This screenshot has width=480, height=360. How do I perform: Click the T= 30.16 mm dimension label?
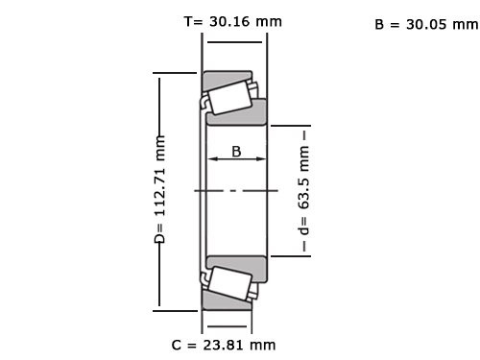click(234, 20)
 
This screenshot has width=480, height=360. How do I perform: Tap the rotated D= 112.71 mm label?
click(160, 190)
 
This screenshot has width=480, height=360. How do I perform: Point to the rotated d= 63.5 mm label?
click(304, 191)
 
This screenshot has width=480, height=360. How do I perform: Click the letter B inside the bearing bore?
click(235, 151)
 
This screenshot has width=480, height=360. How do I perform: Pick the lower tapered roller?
click(229, 284)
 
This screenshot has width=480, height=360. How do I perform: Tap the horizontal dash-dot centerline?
click(235, 190)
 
